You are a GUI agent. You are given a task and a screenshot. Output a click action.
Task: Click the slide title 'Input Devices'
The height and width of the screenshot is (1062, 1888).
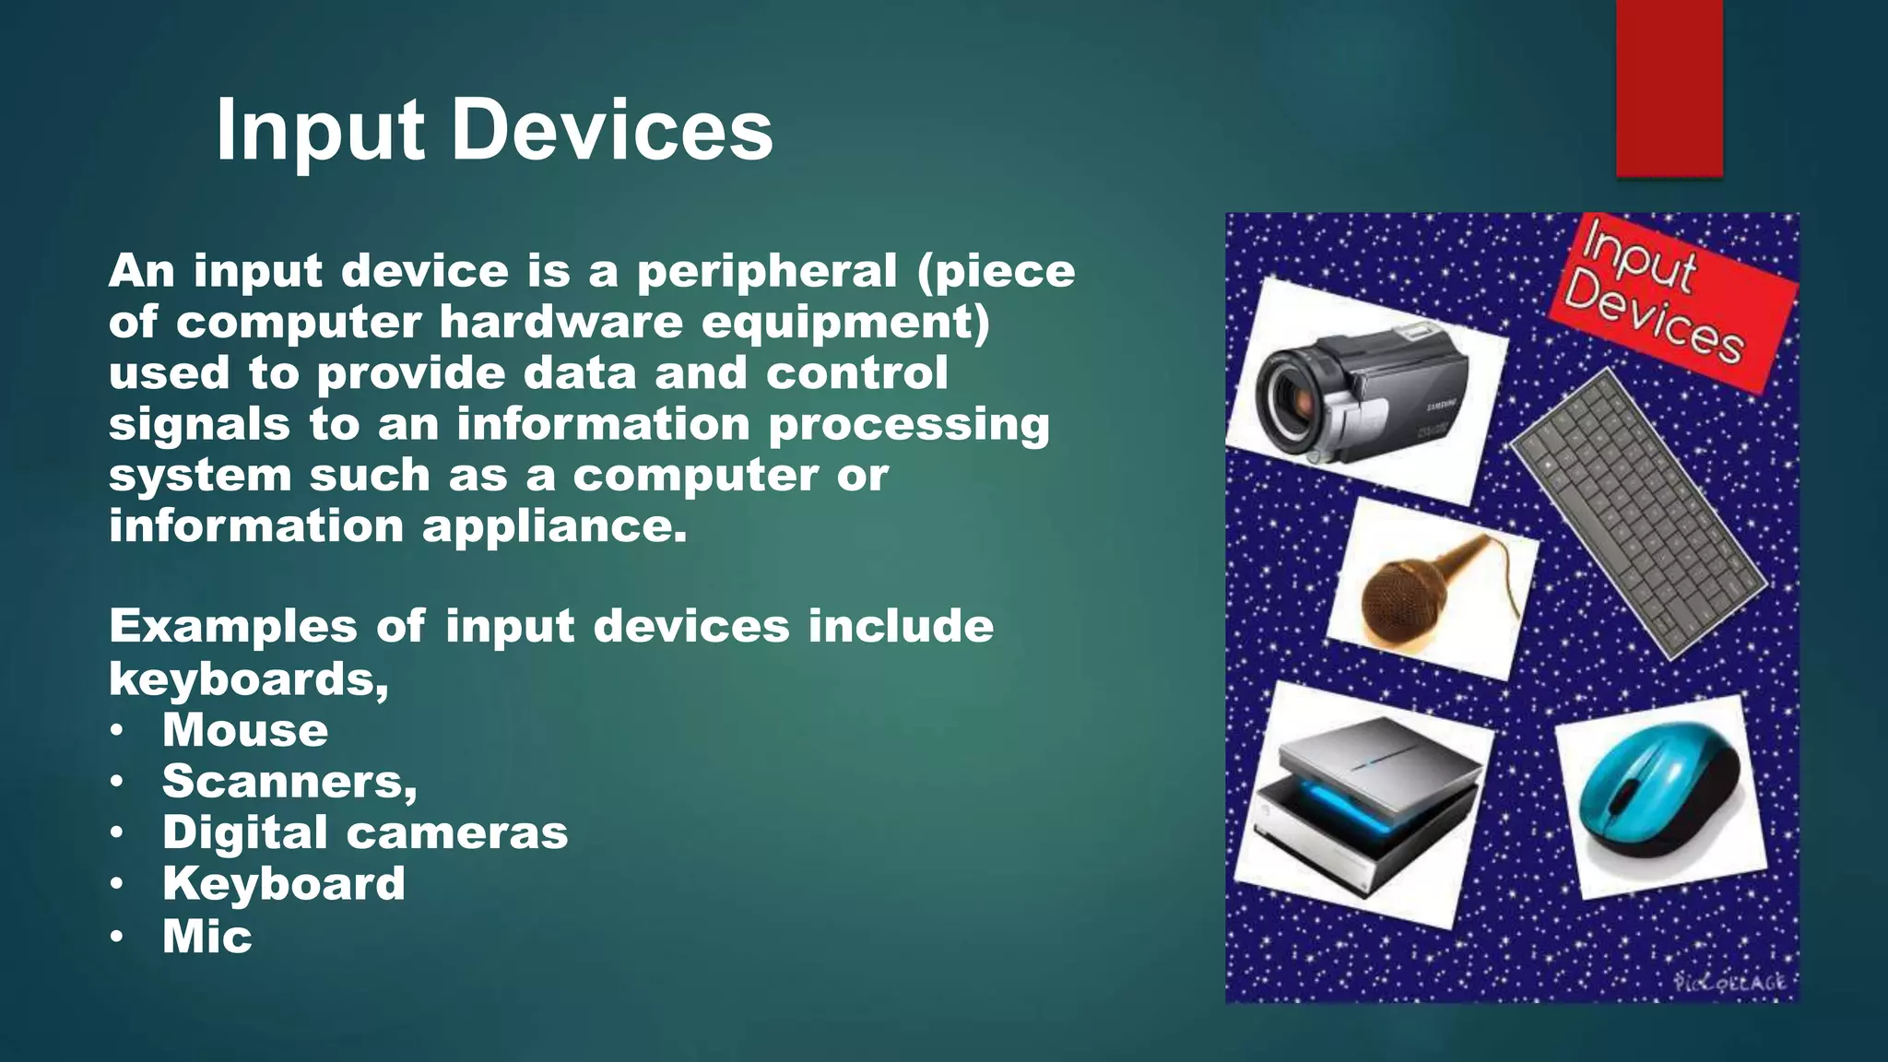click(x=494, y=131)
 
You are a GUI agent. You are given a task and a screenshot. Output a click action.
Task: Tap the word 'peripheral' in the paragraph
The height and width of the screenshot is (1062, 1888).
click(x=766, y=271)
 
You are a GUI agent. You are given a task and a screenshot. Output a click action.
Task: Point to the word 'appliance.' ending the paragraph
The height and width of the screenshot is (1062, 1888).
click(x=555, y=526)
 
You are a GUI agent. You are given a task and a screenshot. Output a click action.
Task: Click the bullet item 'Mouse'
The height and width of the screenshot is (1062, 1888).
click(x=245, y=730)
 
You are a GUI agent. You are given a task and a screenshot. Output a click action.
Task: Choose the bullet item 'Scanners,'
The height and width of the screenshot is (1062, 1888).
click(x=289, y=781)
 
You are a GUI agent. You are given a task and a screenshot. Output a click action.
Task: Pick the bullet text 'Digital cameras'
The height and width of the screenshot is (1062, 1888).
click(x=365, y=832)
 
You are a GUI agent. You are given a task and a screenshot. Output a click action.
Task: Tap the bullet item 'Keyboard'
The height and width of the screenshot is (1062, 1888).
click(x=284, y=883)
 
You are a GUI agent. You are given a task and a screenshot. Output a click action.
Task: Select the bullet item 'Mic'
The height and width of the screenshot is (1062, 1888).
click(x=207, y=936)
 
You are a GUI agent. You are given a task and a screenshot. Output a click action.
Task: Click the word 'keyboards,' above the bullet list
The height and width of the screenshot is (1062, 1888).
click(x=248, y=679)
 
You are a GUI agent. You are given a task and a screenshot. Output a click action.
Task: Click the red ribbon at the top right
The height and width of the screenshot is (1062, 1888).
click(x=1669, y=88)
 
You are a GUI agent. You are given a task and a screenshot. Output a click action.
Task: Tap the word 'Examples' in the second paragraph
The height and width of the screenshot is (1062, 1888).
click(x=232, y=627)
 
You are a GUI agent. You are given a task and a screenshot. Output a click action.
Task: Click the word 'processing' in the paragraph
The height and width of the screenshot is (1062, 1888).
click(x=909, y=425)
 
